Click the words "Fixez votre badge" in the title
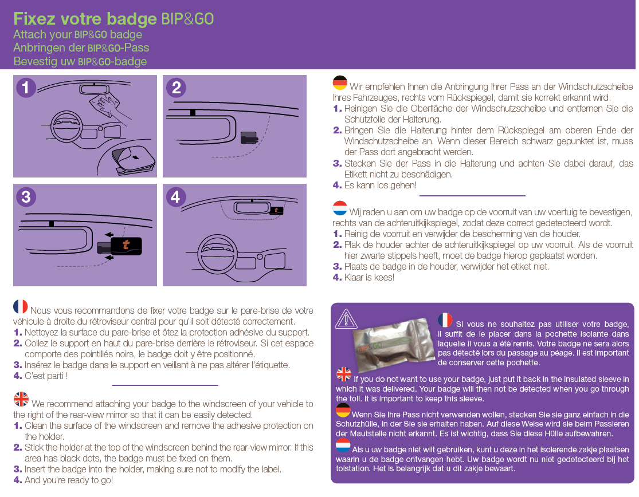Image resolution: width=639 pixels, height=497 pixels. click(85, 19)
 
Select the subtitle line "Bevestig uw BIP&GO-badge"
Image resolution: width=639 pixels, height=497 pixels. click(80, 61)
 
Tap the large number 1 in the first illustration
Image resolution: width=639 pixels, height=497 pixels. click(26, 88)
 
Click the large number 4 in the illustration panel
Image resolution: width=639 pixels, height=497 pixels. click(175, 197)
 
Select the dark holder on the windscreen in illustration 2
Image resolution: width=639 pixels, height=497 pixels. click(249, 137)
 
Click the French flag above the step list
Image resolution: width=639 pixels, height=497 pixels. click(21, 306)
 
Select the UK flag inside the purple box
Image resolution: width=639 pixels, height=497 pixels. click(344, 374)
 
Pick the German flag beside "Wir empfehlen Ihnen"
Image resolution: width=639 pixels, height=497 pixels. click(340, 83)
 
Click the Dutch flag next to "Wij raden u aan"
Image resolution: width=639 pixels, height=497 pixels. click(340, 208)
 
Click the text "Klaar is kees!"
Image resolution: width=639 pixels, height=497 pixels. click(369, 278)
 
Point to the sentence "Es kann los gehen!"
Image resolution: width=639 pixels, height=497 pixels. click(380, 186)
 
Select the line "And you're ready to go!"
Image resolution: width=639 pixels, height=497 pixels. click(69, 480)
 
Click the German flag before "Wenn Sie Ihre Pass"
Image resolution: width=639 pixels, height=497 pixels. click(343, 410)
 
